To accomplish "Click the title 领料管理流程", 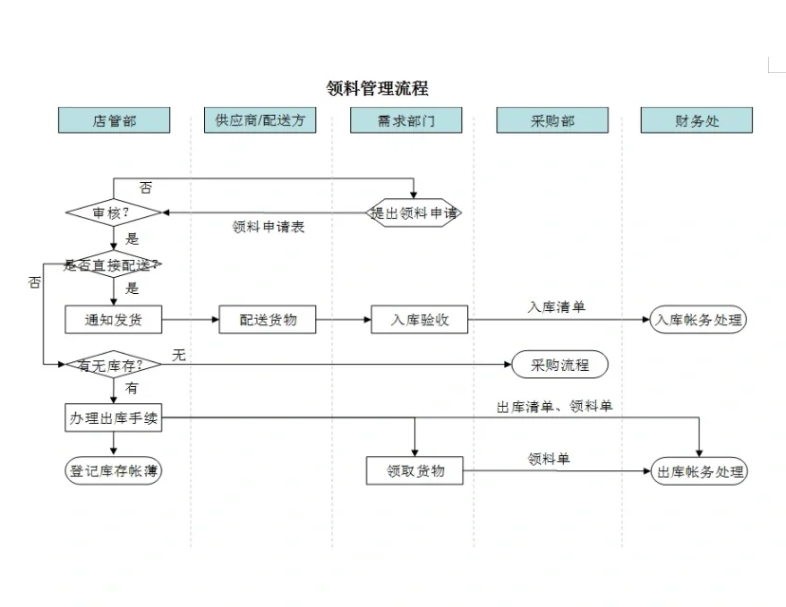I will click(377, 88).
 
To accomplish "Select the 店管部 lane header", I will click(114, 120).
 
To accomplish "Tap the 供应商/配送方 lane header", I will click(259, 120).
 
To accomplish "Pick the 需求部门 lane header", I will click(405, 120).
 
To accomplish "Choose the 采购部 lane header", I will click(552, 120).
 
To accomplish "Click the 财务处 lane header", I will click(697, 120).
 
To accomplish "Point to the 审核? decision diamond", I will click(112, 213).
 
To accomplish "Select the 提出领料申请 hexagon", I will click(414, 213).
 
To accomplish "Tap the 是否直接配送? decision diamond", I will click(112, 265).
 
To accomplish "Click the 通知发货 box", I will click(113, 320).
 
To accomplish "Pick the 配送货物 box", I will click(268, 320).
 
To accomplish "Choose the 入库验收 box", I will click(419, 320).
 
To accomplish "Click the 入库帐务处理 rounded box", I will click(699, 320).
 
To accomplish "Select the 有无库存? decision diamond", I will click(112, 364).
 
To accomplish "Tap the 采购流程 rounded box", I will click(559, 364).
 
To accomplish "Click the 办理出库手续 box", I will click(113, 418).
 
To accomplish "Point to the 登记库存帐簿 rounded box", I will click(113, 470).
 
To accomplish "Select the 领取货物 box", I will click(415, 470).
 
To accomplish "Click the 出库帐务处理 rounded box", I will click(700, 471).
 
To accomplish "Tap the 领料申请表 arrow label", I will click(269, 228).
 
